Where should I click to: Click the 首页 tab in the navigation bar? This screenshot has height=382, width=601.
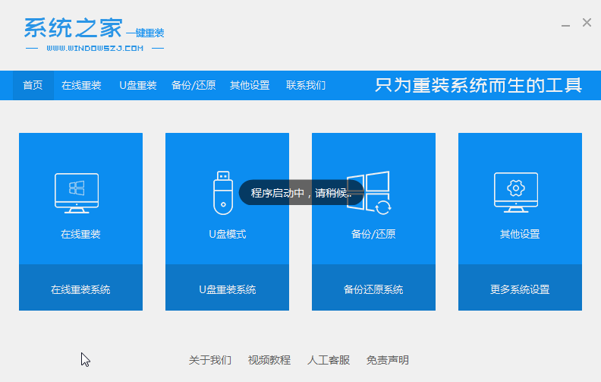tap(33, 85)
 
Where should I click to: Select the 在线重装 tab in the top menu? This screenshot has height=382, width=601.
tap(81, 85)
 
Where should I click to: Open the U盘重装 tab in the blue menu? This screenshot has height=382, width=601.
tap(138, 85)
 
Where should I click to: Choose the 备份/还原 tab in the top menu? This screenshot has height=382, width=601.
tap(194, 85)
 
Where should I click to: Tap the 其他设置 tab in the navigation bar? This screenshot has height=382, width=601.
tap(250, 85)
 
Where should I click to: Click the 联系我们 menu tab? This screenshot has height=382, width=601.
tap(306, 85)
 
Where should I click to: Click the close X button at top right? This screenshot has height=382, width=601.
tap(587, 23)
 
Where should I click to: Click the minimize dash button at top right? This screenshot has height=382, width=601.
tap(566, 24)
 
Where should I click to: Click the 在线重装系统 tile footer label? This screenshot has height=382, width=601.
tap(80, 289)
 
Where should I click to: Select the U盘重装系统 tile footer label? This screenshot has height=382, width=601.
tap(227, 289)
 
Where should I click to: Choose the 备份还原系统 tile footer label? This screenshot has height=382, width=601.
tap(373, 289)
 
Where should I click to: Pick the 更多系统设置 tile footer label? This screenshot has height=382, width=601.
tap(520, 289)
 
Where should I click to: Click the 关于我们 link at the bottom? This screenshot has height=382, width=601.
tap(210, 360)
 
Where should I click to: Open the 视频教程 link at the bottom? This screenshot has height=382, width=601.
tap(269, 360)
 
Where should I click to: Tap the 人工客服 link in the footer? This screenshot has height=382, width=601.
tap(329, 360)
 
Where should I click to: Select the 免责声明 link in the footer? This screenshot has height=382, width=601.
tap(388, 360)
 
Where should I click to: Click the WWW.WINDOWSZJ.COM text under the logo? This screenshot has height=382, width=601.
tap(95, 48)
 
